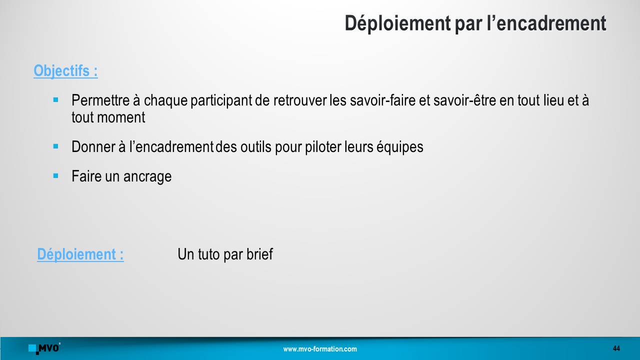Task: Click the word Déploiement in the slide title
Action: pos(397,24)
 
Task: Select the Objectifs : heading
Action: pos(65,71)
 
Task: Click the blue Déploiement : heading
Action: pos(80,254)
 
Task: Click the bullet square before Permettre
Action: pos(55,99)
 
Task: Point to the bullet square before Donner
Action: pos(55,146)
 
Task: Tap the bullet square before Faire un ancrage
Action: pos(55,175)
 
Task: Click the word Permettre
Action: pos(100,100)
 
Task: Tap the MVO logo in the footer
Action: pos(44,348)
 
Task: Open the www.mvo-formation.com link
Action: pos(320,349)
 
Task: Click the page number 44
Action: pos(616,348)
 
